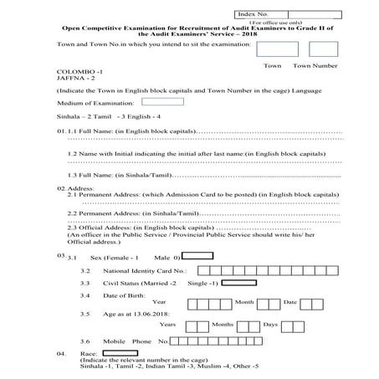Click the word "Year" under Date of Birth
click(x=160, y=301)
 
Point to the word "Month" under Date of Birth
click(x=243, y=301)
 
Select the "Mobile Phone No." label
click(x=136, y=342)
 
